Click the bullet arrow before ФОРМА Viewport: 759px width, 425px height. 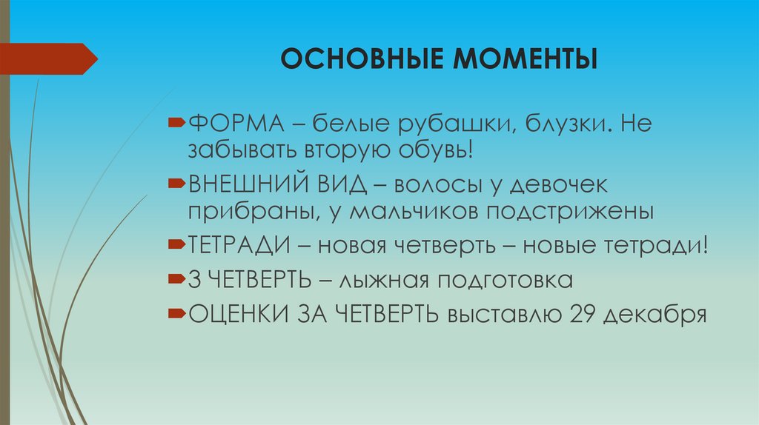click(178, 120)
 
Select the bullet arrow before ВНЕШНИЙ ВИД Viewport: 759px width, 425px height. click(178, 182)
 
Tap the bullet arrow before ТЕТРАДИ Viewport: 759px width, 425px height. click(178, 244)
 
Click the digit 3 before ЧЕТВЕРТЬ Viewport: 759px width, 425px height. click(195, 279)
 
